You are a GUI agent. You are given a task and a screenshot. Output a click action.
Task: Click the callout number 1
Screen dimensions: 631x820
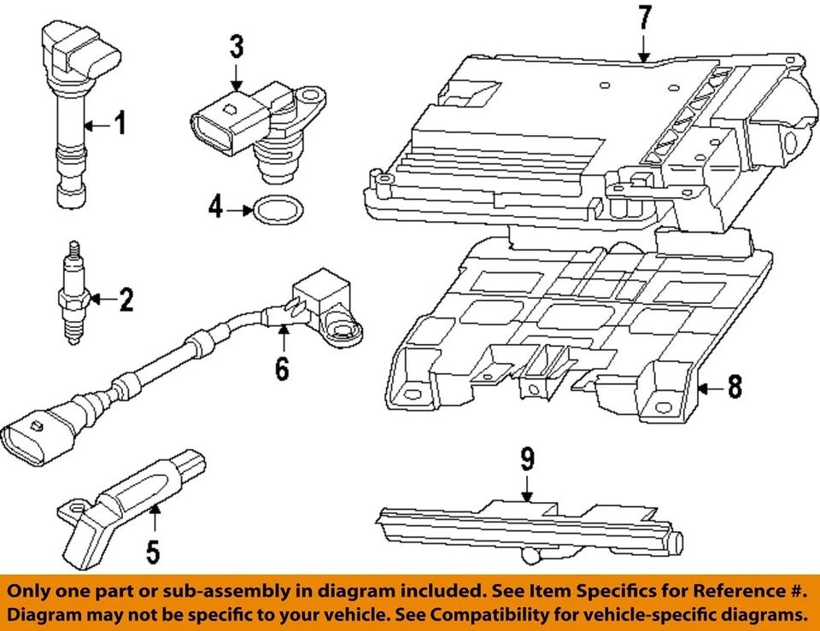120,125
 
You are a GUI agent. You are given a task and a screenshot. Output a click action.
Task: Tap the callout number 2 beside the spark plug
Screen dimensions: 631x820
126,300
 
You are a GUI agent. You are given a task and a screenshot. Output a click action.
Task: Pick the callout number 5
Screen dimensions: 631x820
152,551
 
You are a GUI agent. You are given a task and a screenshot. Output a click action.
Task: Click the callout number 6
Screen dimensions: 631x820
282,368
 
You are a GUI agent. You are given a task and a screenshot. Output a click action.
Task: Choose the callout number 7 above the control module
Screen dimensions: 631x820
644,16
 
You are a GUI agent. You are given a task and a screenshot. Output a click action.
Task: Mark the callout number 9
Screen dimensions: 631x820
527,461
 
